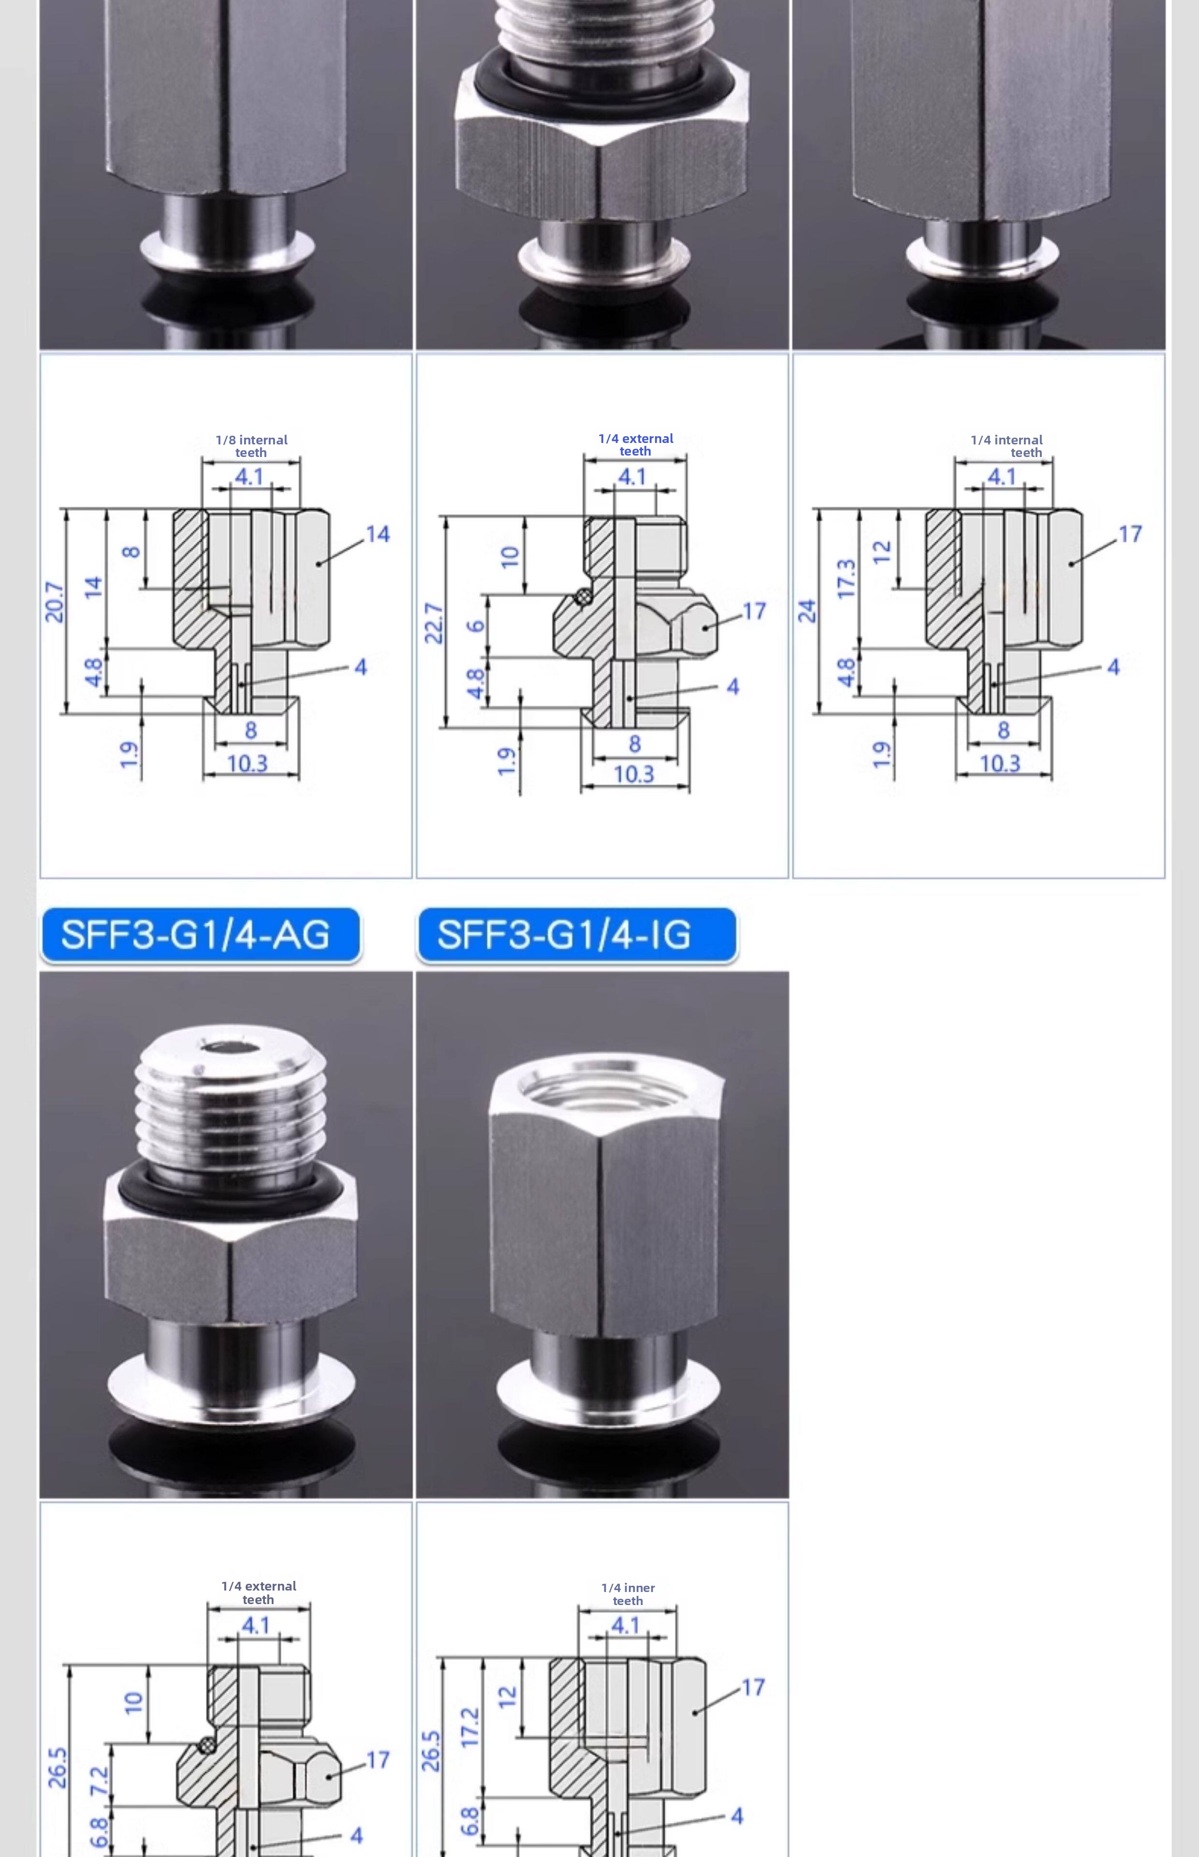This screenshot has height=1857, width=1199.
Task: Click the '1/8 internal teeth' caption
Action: click(x=251, y=446)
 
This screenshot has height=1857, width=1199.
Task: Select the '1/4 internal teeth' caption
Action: click(x=1007, y=446)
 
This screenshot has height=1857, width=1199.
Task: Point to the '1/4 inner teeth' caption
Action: click(x=629, y=1594)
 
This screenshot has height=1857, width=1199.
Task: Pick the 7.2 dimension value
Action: click(x=99, y=1782)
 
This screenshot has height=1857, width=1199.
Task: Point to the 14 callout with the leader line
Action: click(x=378, y=534)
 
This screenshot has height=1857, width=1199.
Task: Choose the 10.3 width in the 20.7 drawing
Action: click(x=248, y=763)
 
